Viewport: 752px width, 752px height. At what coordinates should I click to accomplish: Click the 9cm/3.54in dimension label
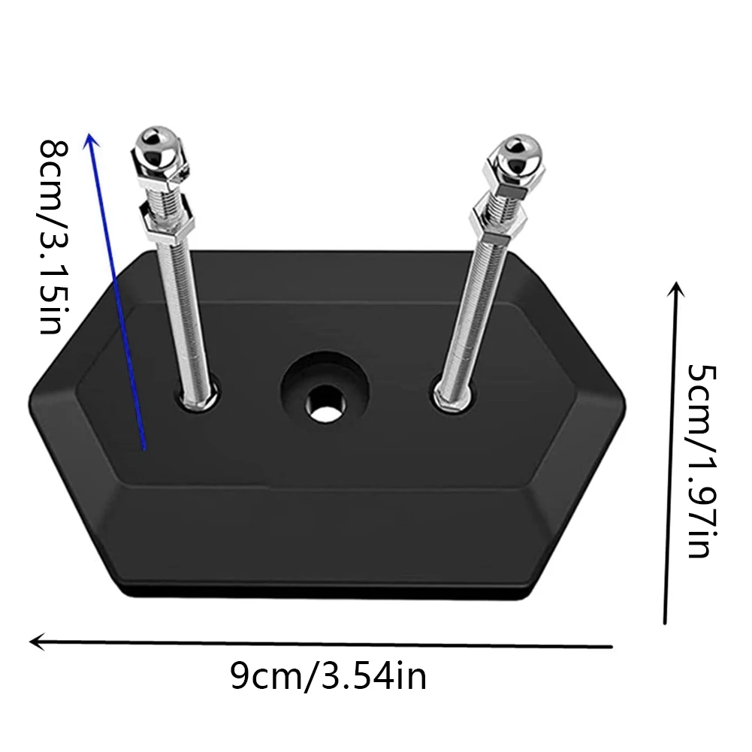[x=328, y=676]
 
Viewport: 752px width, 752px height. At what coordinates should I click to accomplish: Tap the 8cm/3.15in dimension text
[x=53, y=237]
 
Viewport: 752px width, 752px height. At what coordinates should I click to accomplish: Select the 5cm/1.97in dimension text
[x=701, y=461]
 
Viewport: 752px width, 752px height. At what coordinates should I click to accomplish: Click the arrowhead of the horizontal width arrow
[x=37, y=642]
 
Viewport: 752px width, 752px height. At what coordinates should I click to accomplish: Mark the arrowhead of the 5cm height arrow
[x=676, y=289]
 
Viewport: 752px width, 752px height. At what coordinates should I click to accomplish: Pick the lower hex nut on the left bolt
[x=167, y=222]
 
